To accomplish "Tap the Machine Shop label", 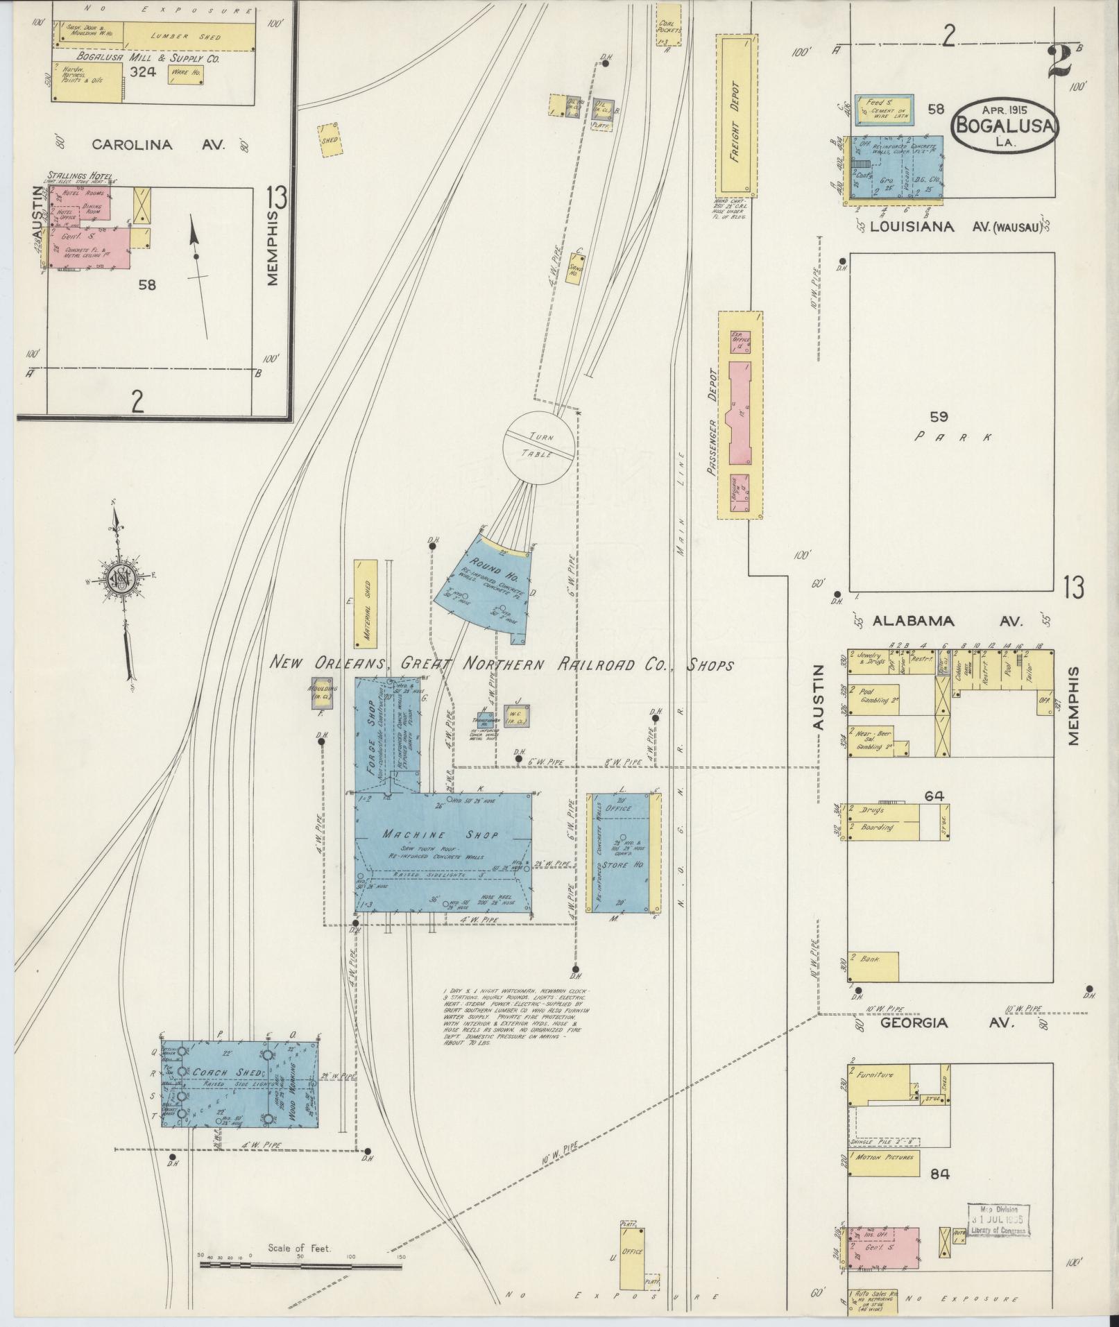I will (441, 834).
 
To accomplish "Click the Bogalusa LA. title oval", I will (1005, 125).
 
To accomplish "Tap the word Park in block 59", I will (952, 437).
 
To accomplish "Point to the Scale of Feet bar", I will (300, 1265).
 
